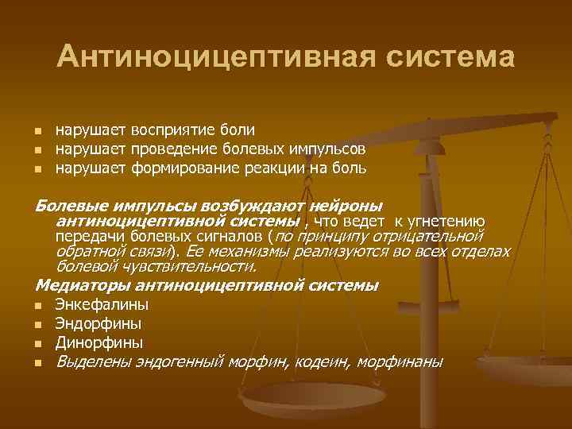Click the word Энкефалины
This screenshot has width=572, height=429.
(x=102, y=304)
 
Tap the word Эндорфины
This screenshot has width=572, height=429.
(x=99, y=323)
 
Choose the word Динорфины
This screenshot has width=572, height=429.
(x=99, y=343)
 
